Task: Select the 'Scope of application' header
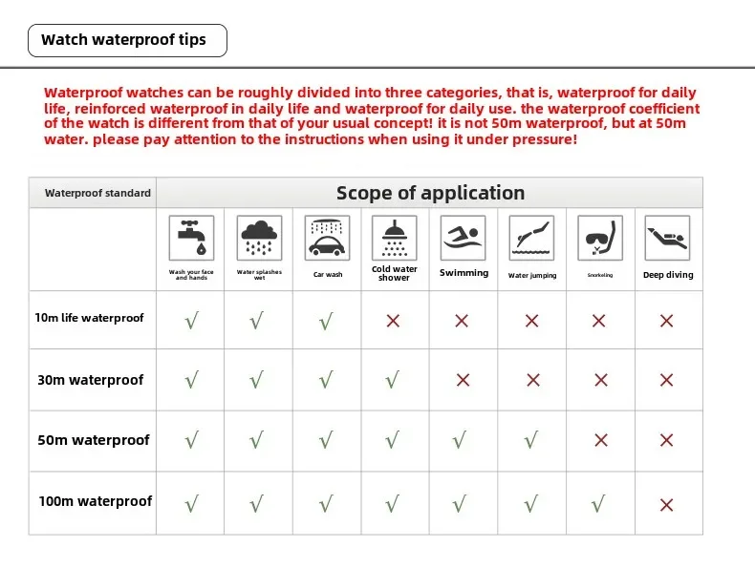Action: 430,193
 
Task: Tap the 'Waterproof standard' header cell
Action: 97,193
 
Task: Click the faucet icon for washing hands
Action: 191,238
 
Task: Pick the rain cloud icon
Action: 257,238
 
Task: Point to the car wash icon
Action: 327,238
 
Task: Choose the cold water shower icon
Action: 394,238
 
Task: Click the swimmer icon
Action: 464,238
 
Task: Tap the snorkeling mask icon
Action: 600,238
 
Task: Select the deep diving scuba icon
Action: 667,238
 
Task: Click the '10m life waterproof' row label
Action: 90,318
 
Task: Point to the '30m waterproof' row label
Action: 90,380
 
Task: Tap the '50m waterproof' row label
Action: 94,440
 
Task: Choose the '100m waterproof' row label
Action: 95,501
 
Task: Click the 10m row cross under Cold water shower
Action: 393,321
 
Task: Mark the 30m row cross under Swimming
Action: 464,380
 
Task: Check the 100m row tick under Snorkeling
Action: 599,502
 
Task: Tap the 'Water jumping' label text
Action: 532,276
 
